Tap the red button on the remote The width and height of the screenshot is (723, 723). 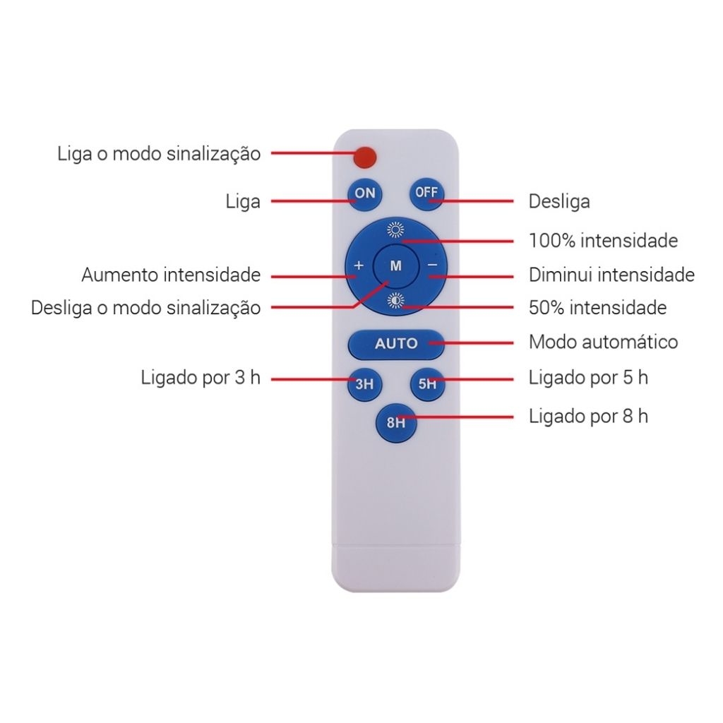click(x=365, y=157)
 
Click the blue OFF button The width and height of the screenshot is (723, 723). click(x=427, y=193)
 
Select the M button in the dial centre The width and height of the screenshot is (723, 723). click(x=396, y=266)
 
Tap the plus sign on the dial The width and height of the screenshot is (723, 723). click(x=359, y=265)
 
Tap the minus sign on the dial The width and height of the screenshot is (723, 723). click(x=433, y=265)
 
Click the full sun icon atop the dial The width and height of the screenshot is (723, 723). click(x=395, y=229)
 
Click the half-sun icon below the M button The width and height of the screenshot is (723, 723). click(x=395, y=301)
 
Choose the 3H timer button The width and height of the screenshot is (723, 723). click(x=365, y=383)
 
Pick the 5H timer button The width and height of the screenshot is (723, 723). click(x=427, y=383)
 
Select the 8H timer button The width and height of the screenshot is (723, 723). click(x=396, y=422)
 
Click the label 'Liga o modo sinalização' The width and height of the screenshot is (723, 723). click(x=159, y=154)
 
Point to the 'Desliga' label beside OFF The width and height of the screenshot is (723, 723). click(x=559, y=201)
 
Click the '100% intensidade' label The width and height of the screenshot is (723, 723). click(x=603, y=241)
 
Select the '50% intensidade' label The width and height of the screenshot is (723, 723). click(x=597, y=308)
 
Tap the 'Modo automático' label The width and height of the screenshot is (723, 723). click(x=603, y=342)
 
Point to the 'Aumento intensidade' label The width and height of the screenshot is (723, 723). click(x=171, y=275)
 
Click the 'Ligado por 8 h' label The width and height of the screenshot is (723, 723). click(x=588, y=417)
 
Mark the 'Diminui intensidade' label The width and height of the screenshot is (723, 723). click(x=612, y=275)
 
